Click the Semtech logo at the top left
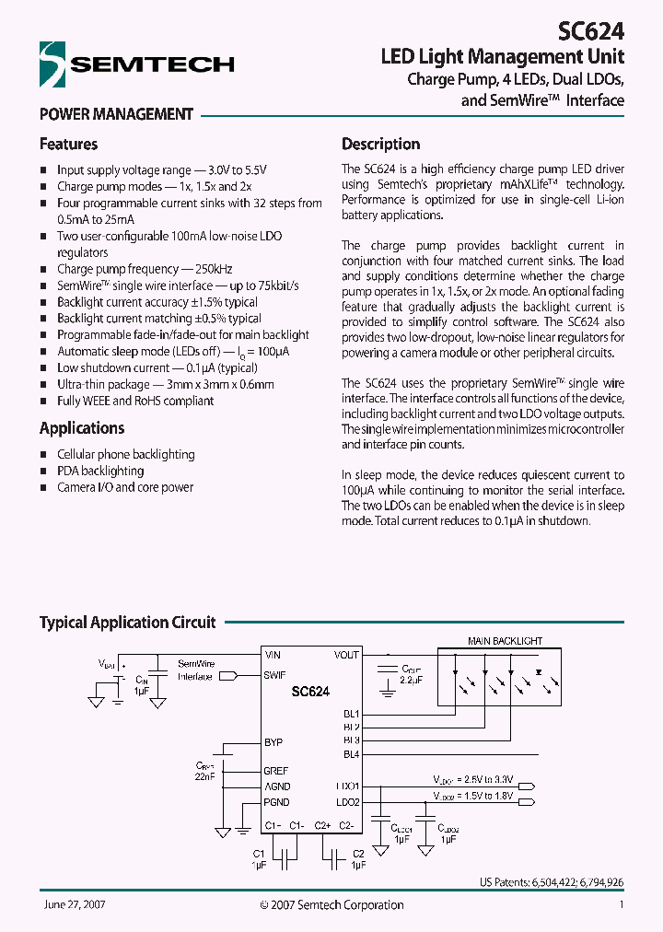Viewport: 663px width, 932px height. pyautogui.click(x=136, y=64)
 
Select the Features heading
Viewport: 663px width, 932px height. pyautogui.click(x=68, y=145)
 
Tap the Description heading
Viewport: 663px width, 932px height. pyautogui.click(x=380, y=145)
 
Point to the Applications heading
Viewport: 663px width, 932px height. pyautogui.click(x=81, y=428)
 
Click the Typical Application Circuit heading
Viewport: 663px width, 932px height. pyautogui.click(x=127, y=623)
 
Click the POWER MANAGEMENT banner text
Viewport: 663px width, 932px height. pyautogui.click(x=116, y=115)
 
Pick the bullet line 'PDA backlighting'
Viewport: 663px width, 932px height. pyautogui.click(x=100, y=471)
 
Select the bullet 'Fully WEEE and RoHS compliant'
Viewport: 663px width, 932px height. pyautogui.click(x=135, y=401)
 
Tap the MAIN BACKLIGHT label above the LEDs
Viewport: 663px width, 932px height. pyautogui.click(x=505, y=641)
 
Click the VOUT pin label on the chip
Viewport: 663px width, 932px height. pyautogui.click(x=346, y=655)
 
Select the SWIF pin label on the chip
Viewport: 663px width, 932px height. pyautogui.click(x=274, y=675)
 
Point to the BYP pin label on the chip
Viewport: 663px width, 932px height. pyautogui.click(x=273, y=742)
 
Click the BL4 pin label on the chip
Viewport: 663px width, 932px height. pyautogui.click(x=350, y=755)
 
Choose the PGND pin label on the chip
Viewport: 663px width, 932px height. pyautogui.click(x=277, y=803)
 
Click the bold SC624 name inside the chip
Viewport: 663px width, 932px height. pyautogui.click(x=310, y=691)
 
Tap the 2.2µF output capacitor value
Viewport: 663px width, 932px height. pyautogui.click(x=412, y=680)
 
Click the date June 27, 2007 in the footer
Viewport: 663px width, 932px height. pyautogui.click(x=74, y=905)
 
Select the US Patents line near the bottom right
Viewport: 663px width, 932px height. pyautogui.click(x=552, y=882)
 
